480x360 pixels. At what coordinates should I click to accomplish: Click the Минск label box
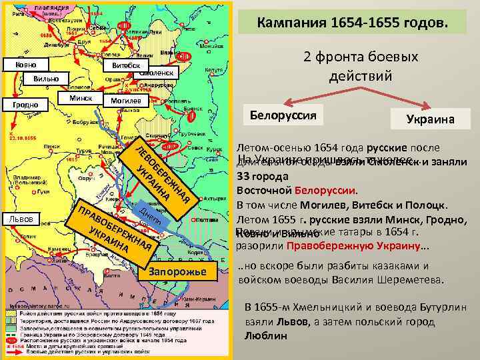click(x=81, y=98)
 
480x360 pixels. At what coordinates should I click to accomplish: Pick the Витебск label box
click(x=125, y=65)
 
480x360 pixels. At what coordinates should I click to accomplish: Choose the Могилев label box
click(x=125, y=100)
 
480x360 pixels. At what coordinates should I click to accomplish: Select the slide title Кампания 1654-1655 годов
click(x=353, y=23)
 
